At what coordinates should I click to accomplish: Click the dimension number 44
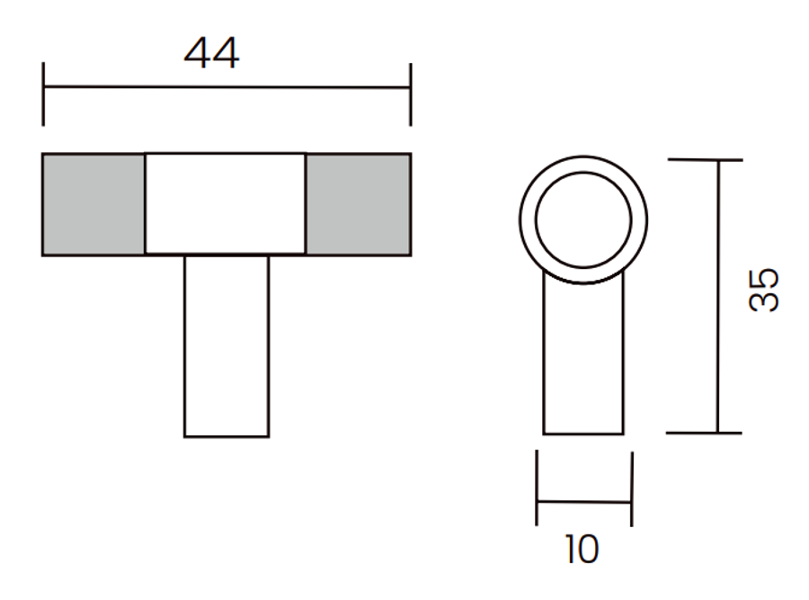point(211,53)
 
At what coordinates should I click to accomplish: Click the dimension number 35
point(763,290)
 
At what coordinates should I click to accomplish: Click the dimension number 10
point(582,550)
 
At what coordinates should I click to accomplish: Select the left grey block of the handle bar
point(93,204)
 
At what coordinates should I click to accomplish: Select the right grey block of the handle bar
point(358,204)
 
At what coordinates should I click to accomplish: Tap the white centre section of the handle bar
point(226,203)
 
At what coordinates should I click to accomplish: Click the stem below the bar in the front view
point(227,346)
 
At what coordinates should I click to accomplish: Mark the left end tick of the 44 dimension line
point(43,94)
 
